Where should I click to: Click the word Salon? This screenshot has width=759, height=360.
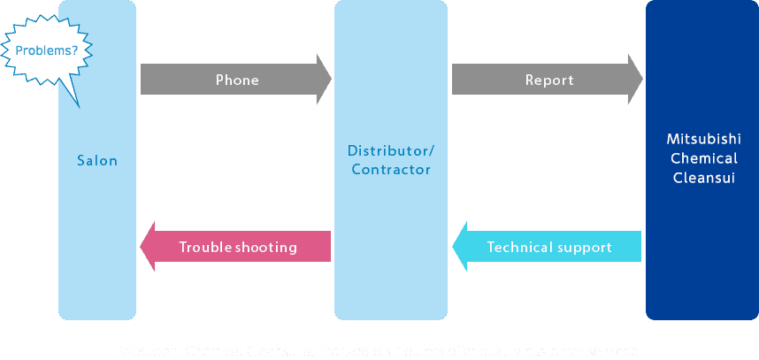tap(97, 161)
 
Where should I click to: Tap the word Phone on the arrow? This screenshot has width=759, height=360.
tap(237, 80)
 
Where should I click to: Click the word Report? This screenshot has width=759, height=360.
tap(549, 80)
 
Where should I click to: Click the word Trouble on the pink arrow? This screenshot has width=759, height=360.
tap(205, 247)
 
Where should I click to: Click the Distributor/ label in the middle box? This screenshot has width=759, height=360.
tap(391, 150)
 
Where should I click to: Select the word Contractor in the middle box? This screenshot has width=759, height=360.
tap(391, 169)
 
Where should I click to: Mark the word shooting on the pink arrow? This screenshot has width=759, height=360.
tap(266, 248)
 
